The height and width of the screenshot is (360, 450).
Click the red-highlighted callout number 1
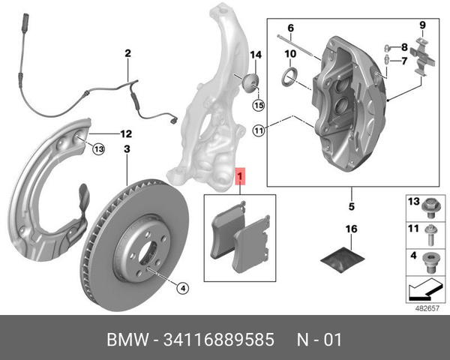pos(241,178)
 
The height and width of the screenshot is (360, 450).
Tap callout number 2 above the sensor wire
pos(127,53)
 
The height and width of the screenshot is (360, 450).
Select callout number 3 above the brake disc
pos(127,149)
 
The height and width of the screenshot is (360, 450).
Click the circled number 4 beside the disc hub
pos(181,286)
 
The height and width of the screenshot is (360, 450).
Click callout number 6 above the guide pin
pos(292,28)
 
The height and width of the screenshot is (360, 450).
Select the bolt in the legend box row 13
pos(430,205)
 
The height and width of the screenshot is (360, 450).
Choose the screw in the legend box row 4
pos(430,262)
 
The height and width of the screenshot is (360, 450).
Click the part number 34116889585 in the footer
pos(226,340)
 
